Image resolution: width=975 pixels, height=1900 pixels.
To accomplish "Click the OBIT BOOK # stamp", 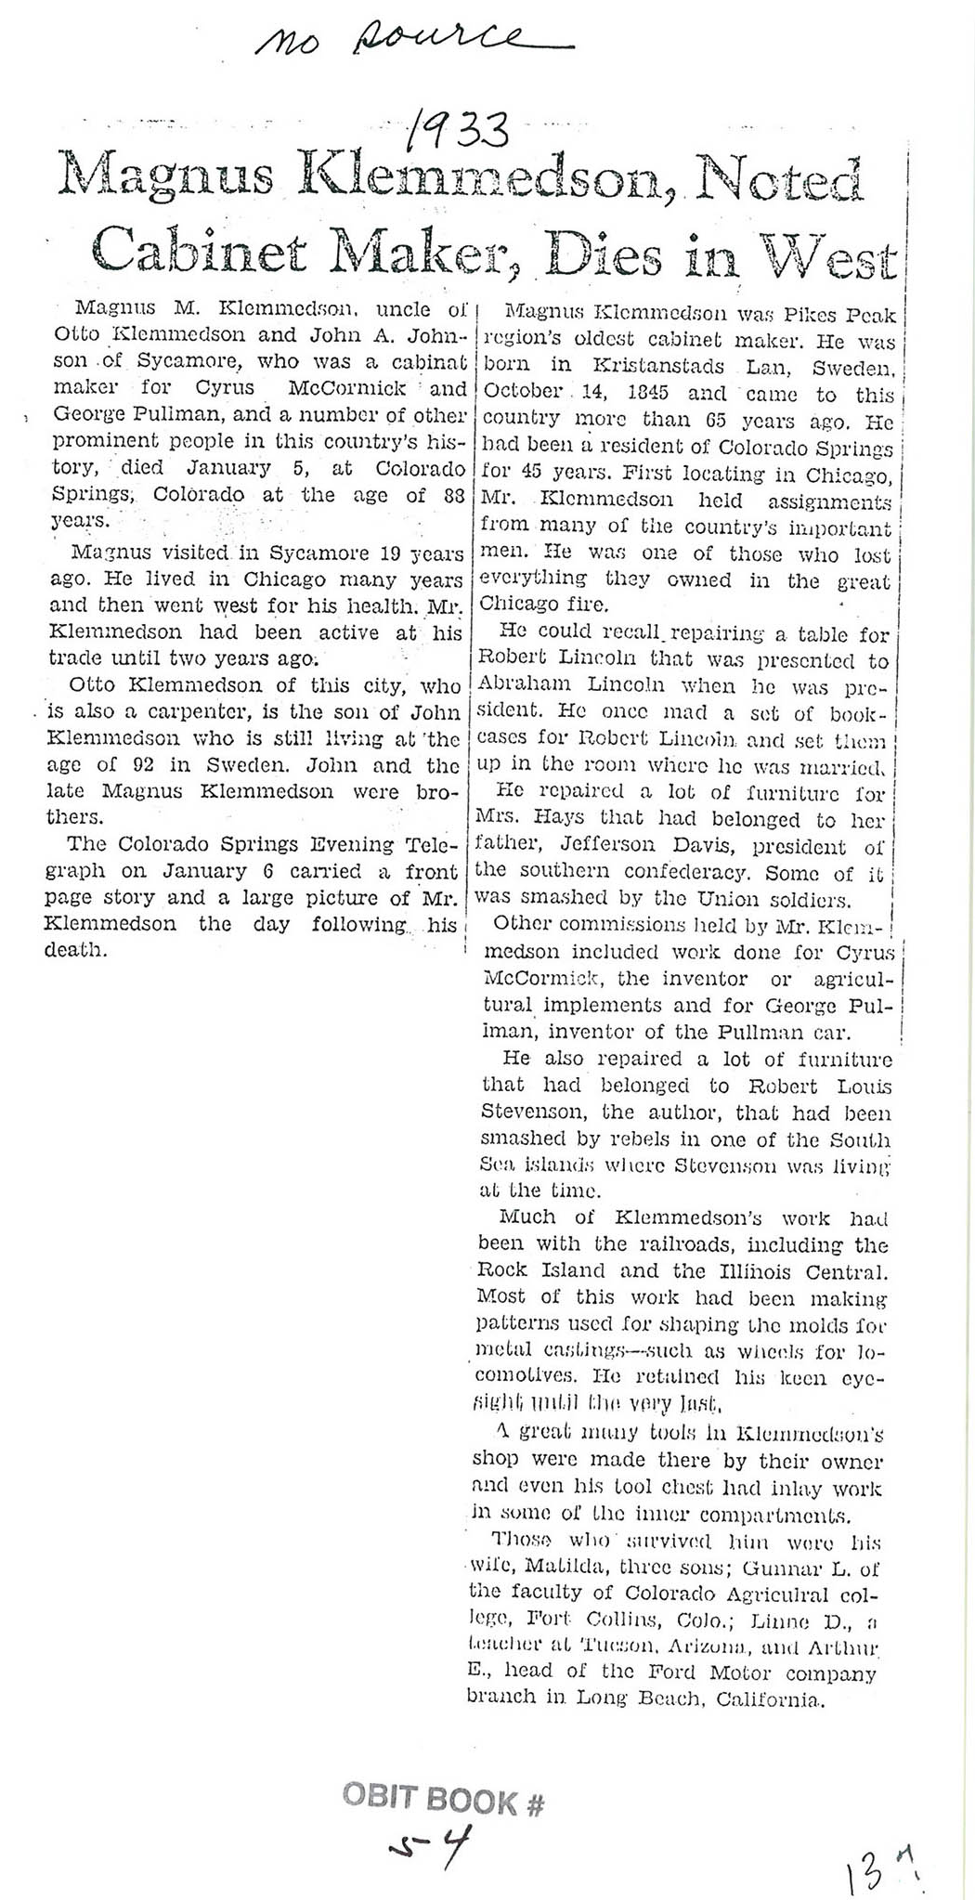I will point(443,1801).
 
